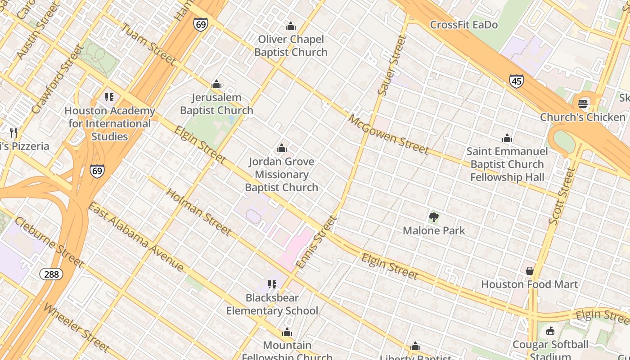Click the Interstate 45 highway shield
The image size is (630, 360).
[x=517, y=81]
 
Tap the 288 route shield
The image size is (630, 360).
[x=51, y=274]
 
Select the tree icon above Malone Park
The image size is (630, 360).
[x=434, y=218]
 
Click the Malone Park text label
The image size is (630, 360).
[x=434, y=231]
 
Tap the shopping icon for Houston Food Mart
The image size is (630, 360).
[x=530, y=271]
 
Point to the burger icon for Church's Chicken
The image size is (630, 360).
[x=583, y=104]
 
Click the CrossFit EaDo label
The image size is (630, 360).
[x=464, y=25]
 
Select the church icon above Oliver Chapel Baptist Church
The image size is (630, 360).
[x=291, y=26]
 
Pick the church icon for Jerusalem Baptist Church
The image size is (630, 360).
[x=216, y=84]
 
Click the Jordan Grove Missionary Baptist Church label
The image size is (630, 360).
[x=281, y=175]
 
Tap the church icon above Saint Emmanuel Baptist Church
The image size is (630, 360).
[x=507, y=138]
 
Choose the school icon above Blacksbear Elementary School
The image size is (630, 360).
[x=272, y=284]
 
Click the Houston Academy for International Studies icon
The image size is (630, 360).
[x=109, y=97]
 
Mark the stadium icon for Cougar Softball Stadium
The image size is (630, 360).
[x=550, y=332]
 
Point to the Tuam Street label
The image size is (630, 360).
[x=147, y=44]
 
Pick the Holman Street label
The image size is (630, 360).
[x=198, y=212]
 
